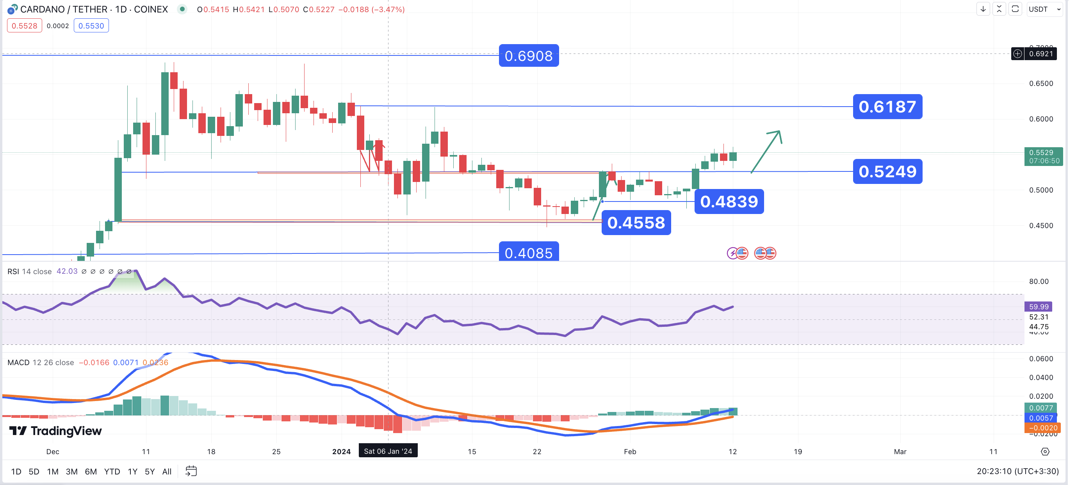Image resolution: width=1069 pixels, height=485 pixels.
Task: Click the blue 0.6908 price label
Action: point(528,55)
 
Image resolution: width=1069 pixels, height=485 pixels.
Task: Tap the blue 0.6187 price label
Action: point(887,107)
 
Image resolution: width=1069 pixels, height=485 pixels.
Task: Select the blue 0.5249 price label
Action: point(887,171)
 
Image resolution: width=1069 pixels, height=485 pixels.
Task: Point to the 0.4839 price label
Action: point(729,201)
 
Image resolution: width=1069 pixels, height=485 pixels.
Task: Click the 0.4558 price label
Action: point(636,223)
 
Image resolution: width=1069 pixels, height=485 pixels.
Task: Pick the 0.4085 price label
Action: point(528,252)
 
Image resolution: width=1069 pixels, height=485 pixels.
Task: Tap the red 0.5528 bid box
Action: point(25,26)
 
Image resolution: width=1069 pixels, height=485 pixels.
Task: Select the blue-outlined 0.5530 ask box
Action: point(91,26)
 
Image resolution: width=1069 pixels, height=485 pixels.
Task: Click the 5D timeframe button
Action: point(34,471)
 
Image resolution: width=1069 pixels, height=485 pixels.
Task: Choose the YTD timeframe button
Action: point(112,471)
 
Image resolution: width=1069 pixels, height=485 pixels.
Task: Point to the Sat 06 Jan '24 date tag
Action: point(388,451)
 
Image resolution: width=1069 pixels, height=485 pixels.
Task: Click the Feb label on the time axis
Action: point(629,451)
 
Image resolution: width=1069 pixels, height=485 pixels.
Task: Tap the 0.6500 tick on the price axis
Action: point(1041,84)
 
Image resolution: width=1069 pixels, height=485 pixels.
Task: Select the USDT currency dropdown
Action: point(1044,9)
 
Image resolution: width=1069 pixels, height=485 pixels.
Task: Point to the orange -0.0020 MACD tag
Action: point(1042,428)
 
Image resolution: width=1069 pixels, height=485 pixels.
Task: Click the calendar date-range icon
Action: point(191,471)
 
